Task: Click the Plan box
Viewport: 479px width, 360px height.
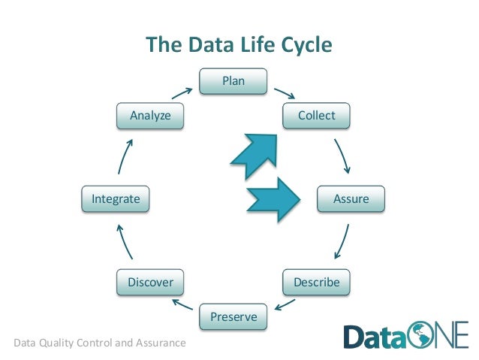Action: (x=233, y=81)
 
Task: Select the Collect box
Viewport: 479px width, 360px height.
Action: (x=316, y=116)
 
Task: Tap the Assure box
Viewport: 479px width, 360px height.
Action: (x=350, y=199)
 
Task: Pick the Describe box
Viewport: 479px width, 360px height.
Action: (x=316, y=283)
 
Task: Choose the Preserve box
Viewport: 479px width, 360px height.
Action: (x=233, y=316)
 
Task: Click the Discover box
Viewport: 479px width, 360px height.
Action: (x=150, y=283)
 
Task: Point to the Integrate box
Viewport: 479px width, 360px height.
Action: (x=116, y=199)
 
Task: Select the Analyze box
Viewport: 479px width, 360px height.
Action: (x=150, y=116)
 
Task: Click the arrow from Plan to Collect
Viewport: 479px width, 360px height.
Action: (x=283, y=94)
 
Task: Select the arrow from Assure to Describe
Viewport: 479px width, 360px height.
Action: (x=342, y=242)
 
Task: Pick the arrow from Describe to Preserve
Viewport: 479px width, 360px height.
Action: (x=283, y=304)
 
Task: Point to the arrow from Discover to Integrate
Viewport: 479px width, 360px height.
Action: (x=124, y=242)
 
